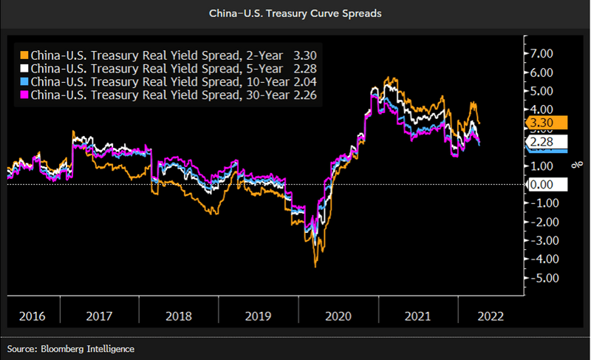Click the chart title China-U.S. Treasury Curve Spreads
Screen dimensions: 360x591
tap(295, 13)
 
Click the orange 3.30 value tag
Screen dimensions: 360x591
tap(547, 123)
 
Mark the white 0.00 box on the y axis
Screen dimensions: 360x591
tap(547, 184)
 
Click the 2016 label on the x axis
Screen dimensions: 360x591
tap(32, 316)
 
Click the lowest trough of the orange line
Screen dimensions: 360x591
tap(315, 265)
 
